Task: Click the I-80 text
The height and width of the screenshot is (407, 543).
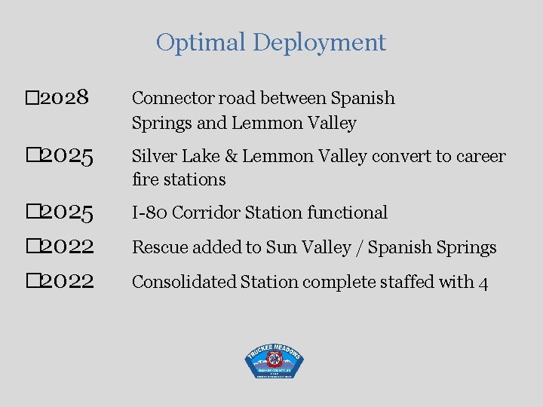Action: coord(149,213)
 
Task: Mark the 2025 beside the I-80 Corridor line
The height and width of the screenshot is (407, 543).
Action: coord(67,213)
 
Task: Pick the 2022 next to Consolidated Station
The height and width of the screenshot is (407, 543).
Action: coord(67,282)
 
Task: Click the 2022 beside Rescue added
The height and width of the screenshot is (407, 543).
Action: coord(67,247)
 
